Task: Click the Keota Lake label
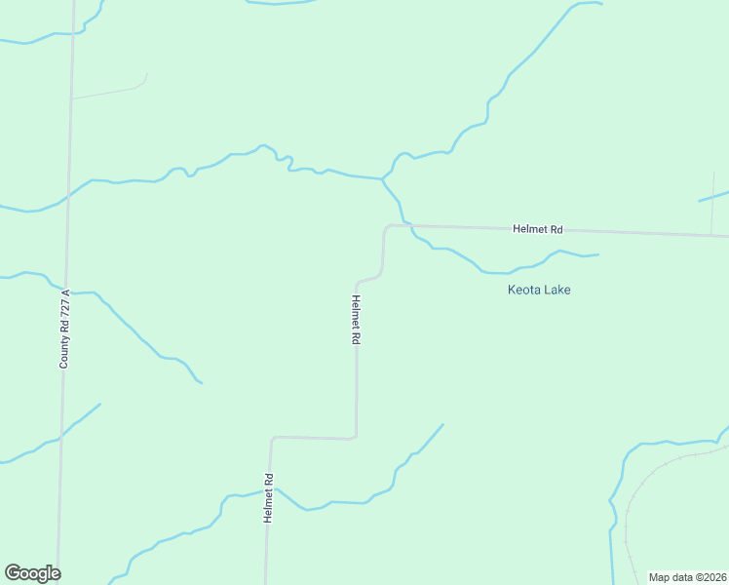click(x=539, y=290)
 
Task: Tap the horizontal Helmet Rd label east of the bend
click(x=538, y=229)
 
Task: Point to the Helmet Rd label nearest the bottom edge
click(x=268, y=498)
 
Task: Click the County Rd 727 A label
click(x=65, y=329)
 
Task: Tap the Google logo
click(x=32, y=573)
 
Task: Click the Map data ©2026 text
click(x=686, y=577)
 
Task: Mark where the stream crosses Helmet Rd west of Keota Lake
click(x=410, y=226)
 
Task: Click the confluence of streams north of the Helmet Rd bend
click(x=382, y=178)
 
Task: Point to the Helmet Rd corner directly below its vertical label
click(x=356, y=436)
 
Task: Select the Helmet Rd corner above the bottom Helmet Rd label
click(x=273, y=439)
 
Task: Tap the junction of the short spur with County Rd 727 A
click(x=71, y=98)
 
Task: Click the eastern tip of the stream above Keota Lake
click(x=597, y=254)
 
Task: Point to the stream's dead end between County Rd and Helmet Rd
click(x=201, y=382)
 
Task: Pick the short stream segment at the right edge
click(x=713, y=197)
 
